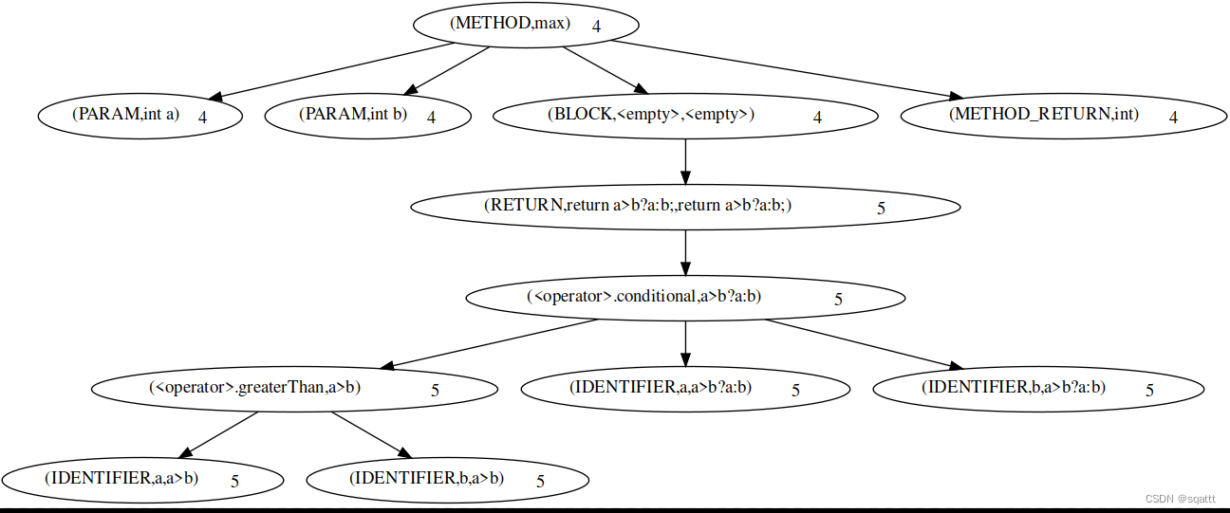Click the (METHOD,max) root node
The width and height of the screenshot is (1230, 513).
(511, 25)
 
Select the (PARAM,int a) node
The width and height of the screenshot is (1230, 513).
(126, 116)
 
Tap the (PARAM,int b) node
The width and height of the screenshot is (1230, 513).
(353, 116)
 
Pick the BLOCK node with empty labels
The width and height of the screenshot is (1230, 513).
(651, 116)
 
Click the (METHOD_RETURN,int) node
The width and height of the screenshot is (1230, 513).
(1044, 116)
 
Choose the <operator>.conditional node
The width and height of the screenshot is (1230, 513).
(644, 297)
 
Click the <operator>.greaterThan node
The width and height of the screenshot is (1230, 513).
(255, 388)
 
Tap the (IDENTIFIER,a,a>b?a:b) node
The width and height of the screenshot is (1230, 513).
(661, 388)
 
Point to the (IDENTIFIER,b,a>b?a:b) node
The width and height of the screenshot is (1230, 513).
(1013, 388)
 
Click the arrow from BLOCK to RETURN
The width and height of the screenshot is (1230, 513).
(685, 161)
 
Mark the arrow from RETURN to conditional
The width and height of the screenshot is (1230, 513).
(685, 251)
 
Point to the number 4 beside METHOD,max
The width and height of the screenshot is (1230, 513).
(596, 27)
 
